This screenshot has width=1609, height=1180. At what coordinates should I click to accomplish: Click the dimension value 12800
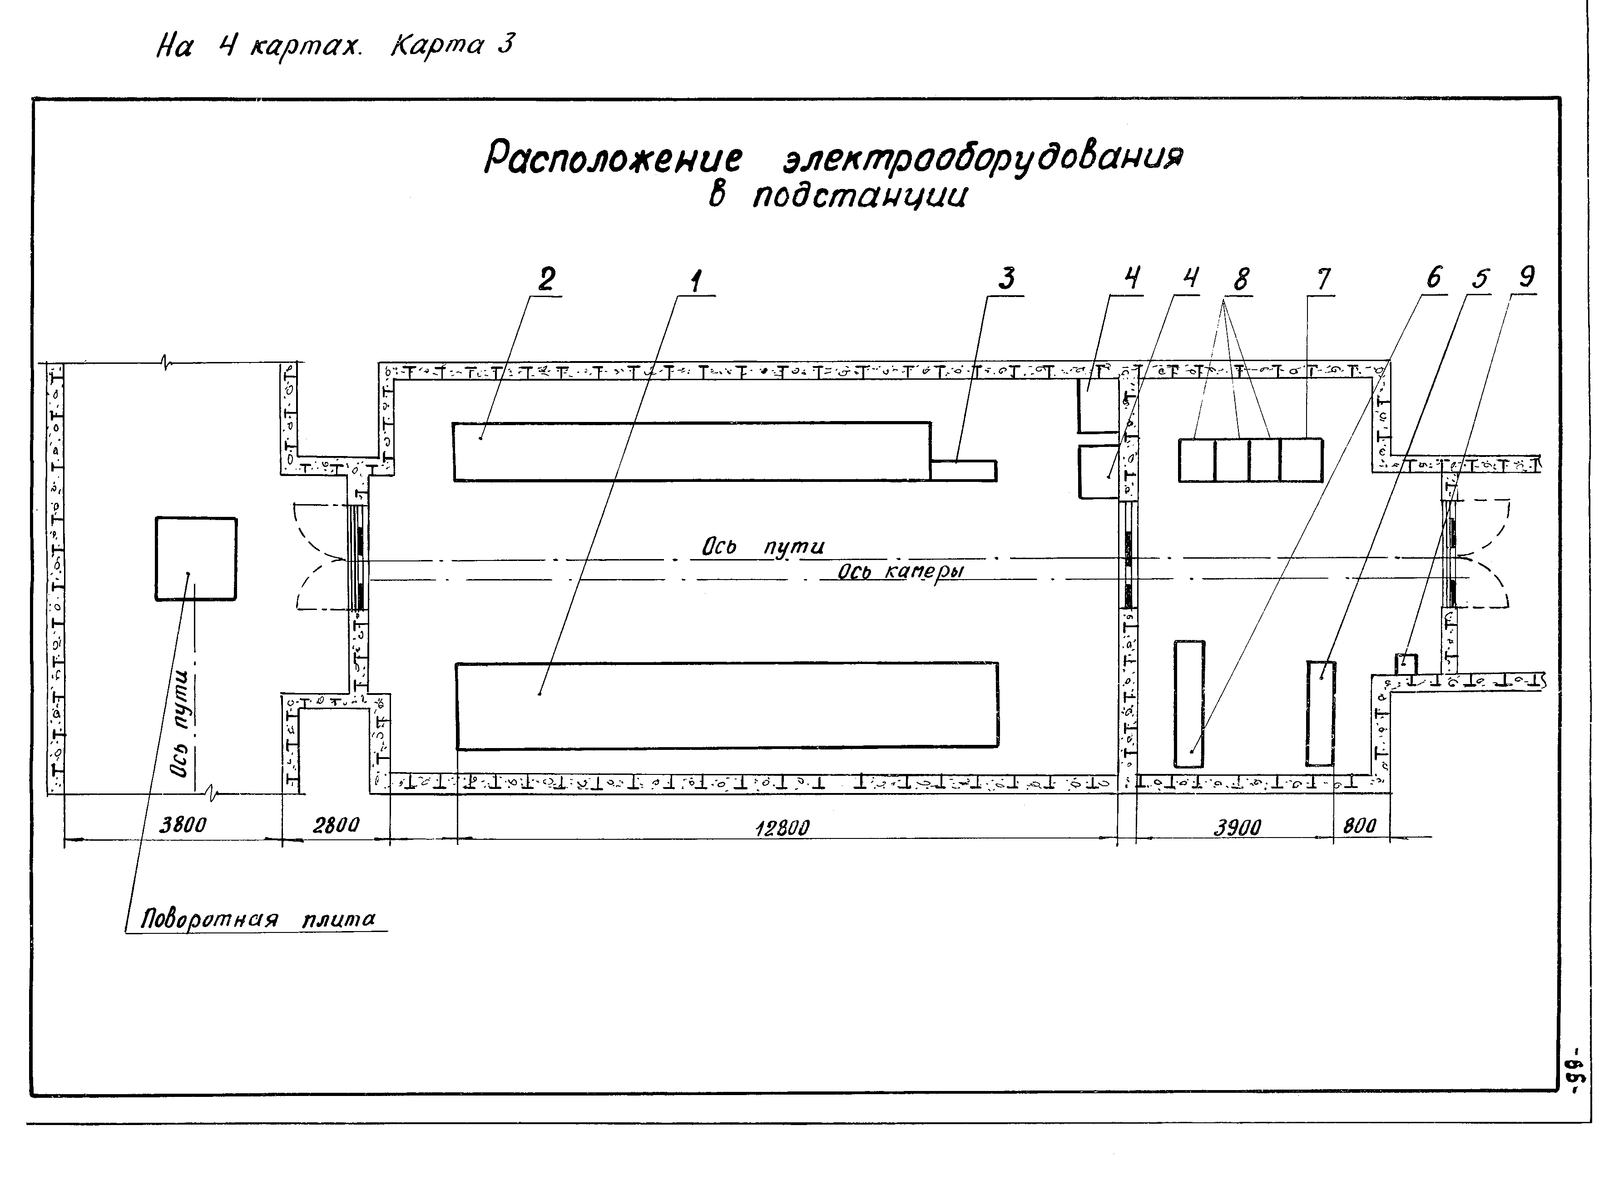click(x=783, y=828)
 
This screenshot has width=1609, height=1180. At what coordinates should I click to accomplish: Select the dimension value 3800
click(x=183, y=825)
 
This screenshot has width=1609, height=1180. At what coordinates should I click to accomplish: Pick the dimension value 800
click(x=1359, y=826)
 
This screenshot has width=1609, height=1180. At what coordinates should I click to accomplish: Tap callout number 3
click(x=1007, y=278)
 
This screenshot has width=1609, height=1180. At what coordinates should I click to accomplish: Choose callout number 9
click(x=1526, y=277)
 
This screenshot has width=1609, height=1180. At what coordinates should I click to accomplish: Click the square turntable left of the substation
click(x=196, y=559)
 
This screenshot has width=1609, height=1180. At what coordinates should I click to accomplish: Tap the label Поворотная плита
click(x=258, y=918)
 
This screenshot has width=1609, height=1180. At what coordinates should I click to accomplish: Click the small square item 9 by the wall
click(x=1406, y=662)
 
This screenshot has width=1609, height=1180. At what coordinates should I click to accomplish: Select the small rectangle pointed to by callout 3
click(x=963, y=471)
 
